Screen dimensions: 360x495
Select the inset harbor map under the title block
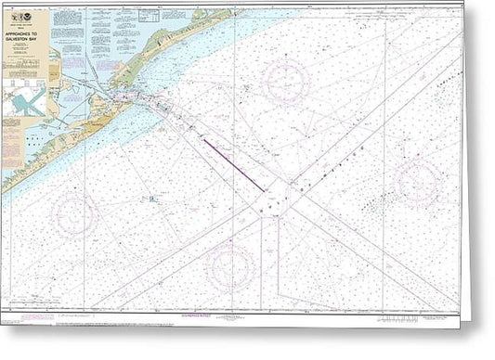coord(25,100)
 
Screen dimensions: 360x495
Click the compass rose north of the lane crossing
coord(284,83)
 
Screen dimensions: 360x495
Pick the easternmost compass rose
coord(415,182)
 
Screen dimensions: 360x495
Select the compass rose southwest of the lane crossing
coord(229,267)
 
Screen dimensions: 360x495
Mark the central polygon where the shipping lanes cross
coord(277,197)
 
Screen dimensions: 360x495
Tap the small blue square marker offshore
coord(150,198)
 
